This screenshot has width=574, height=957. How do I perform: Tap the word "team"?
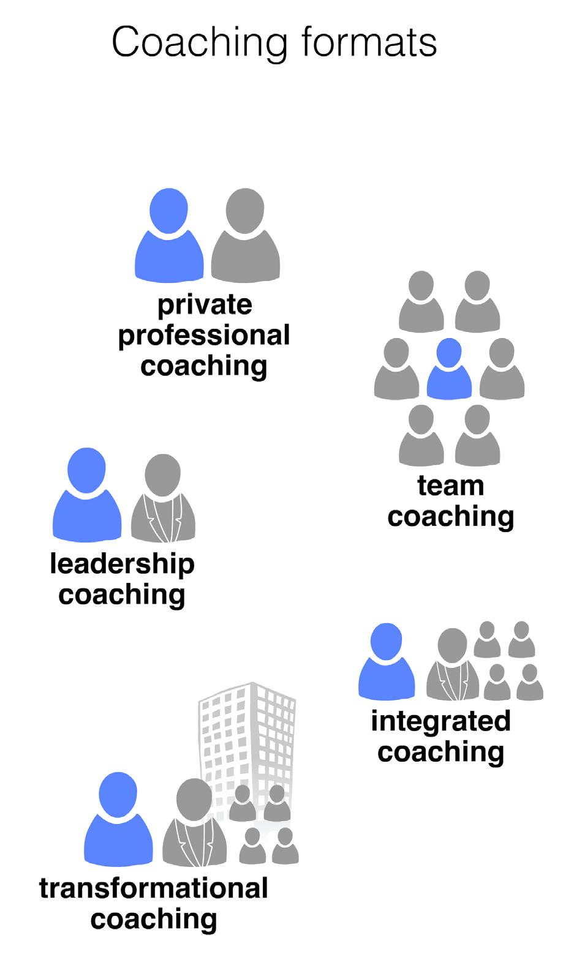[451, 486]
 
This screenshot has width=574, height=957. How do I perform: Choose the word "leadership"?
[122, 563]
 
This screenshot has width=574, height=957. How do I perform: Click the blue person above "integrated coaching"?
[387, 663]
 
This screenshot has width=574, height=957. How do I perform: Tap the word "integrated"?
[440, 721]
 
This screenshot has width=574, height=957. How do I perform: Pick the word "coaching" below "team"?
[450, 516]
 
